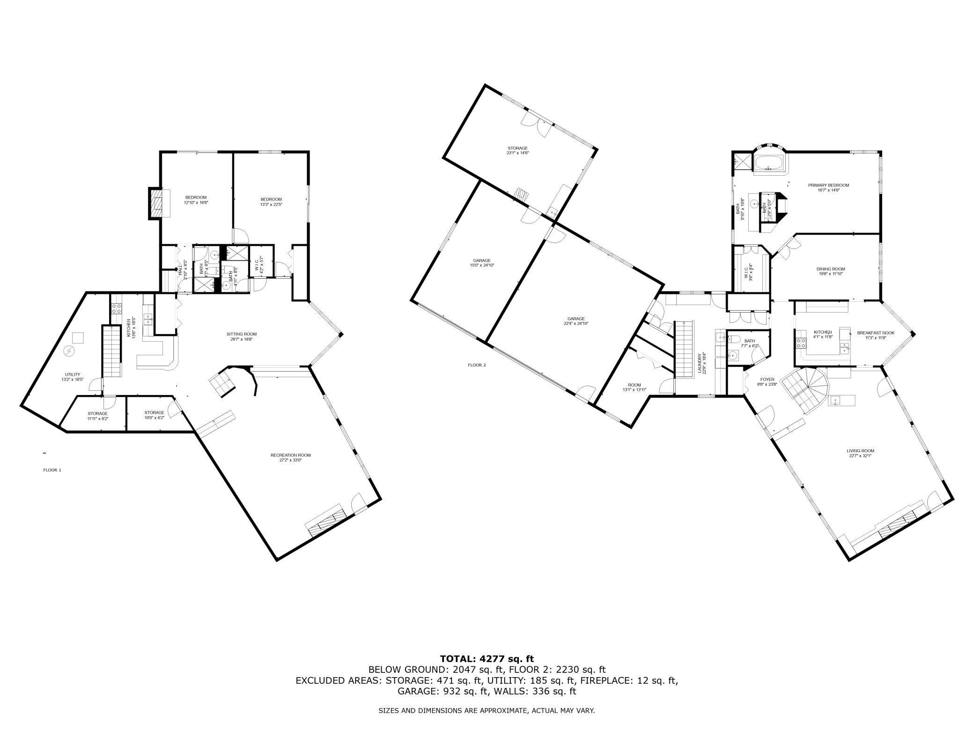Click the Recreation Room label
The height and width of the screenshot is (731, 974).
[290, 455]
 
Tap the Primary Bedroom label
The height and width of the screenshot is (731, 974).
[828, 185]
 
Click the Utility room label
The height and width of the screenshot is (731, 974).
[73, 374]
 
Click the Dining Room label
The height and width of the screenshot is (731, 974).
[831, 269]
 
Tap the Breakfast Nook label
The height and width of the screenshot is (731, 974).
[876, 333]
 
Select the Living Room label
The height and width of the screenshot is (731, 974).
[861, 451]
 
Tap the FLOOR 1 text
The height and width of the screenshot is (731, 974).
[52, 470]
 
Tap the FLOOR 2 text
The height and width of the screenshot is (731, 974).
[477, 365]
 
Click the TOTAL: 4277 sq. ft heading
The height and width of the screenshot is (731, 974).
[487, 659]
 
